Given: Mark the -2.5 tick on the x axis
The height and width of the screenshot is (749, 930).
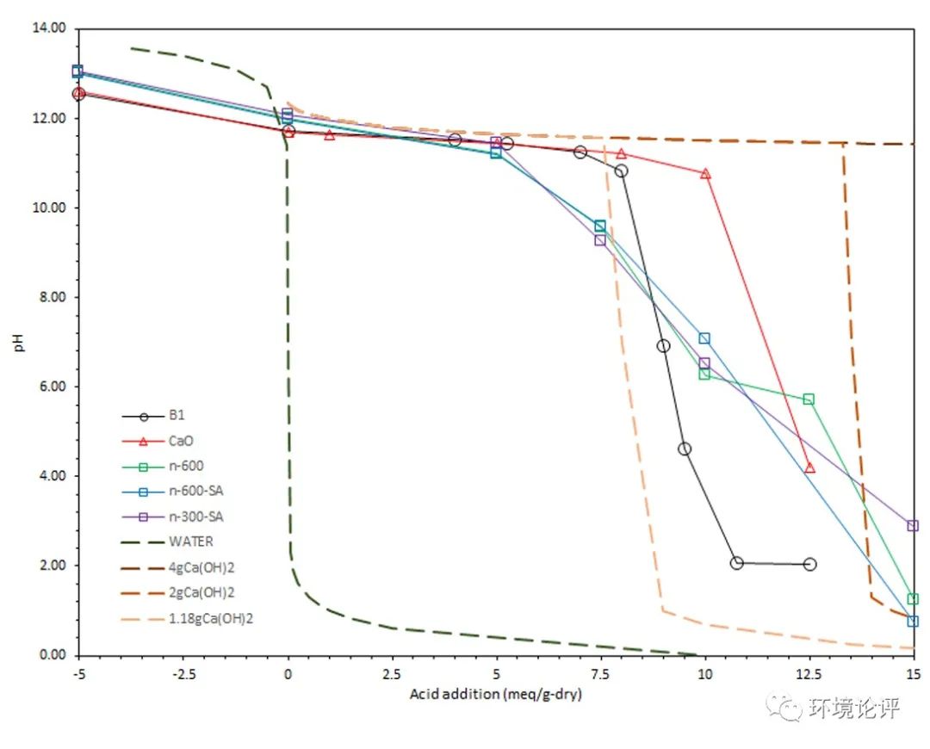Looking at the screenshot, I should [183, 672].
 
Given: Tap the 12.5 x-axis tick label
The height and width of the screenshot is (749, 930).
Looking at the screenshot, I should [809, 672].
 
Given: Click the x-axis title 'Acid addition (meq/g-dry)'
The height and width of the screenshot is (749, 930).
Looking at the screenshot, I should [496, 694].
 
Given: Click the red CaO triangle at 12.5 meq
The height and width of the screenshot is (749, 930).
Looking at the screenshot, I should [809, 467].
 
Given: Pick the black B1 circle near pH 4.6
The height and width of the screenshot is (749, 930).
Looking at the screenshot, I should [685, 449].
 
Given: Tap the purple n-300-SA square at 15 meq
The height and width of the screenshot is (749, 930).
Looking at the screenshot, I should [913, 525].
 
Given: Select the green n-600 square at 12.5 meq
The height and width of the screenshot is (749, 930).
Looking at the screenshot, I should [809, 399].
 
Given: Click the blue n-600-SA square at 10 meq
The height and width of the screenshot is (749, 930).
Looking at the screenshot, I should [704, 338].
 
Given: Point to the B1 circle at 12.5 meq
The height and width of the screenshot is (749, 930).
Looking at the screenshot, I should [809, 564].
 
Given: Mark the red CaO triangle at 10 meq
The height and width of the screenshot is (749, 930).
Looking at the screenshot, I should [705, 173].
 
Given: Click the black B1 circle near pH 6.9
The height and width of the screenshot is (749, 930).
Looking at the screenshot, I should [663, 345].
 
